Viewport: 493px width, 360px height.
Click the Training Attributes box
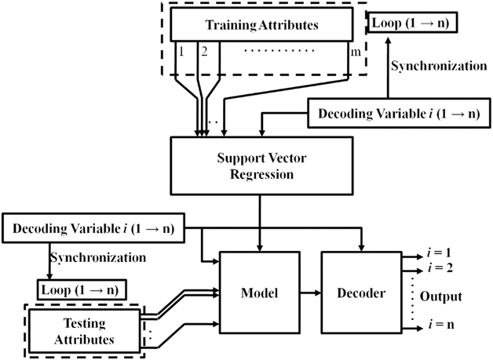coord(261,25)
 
